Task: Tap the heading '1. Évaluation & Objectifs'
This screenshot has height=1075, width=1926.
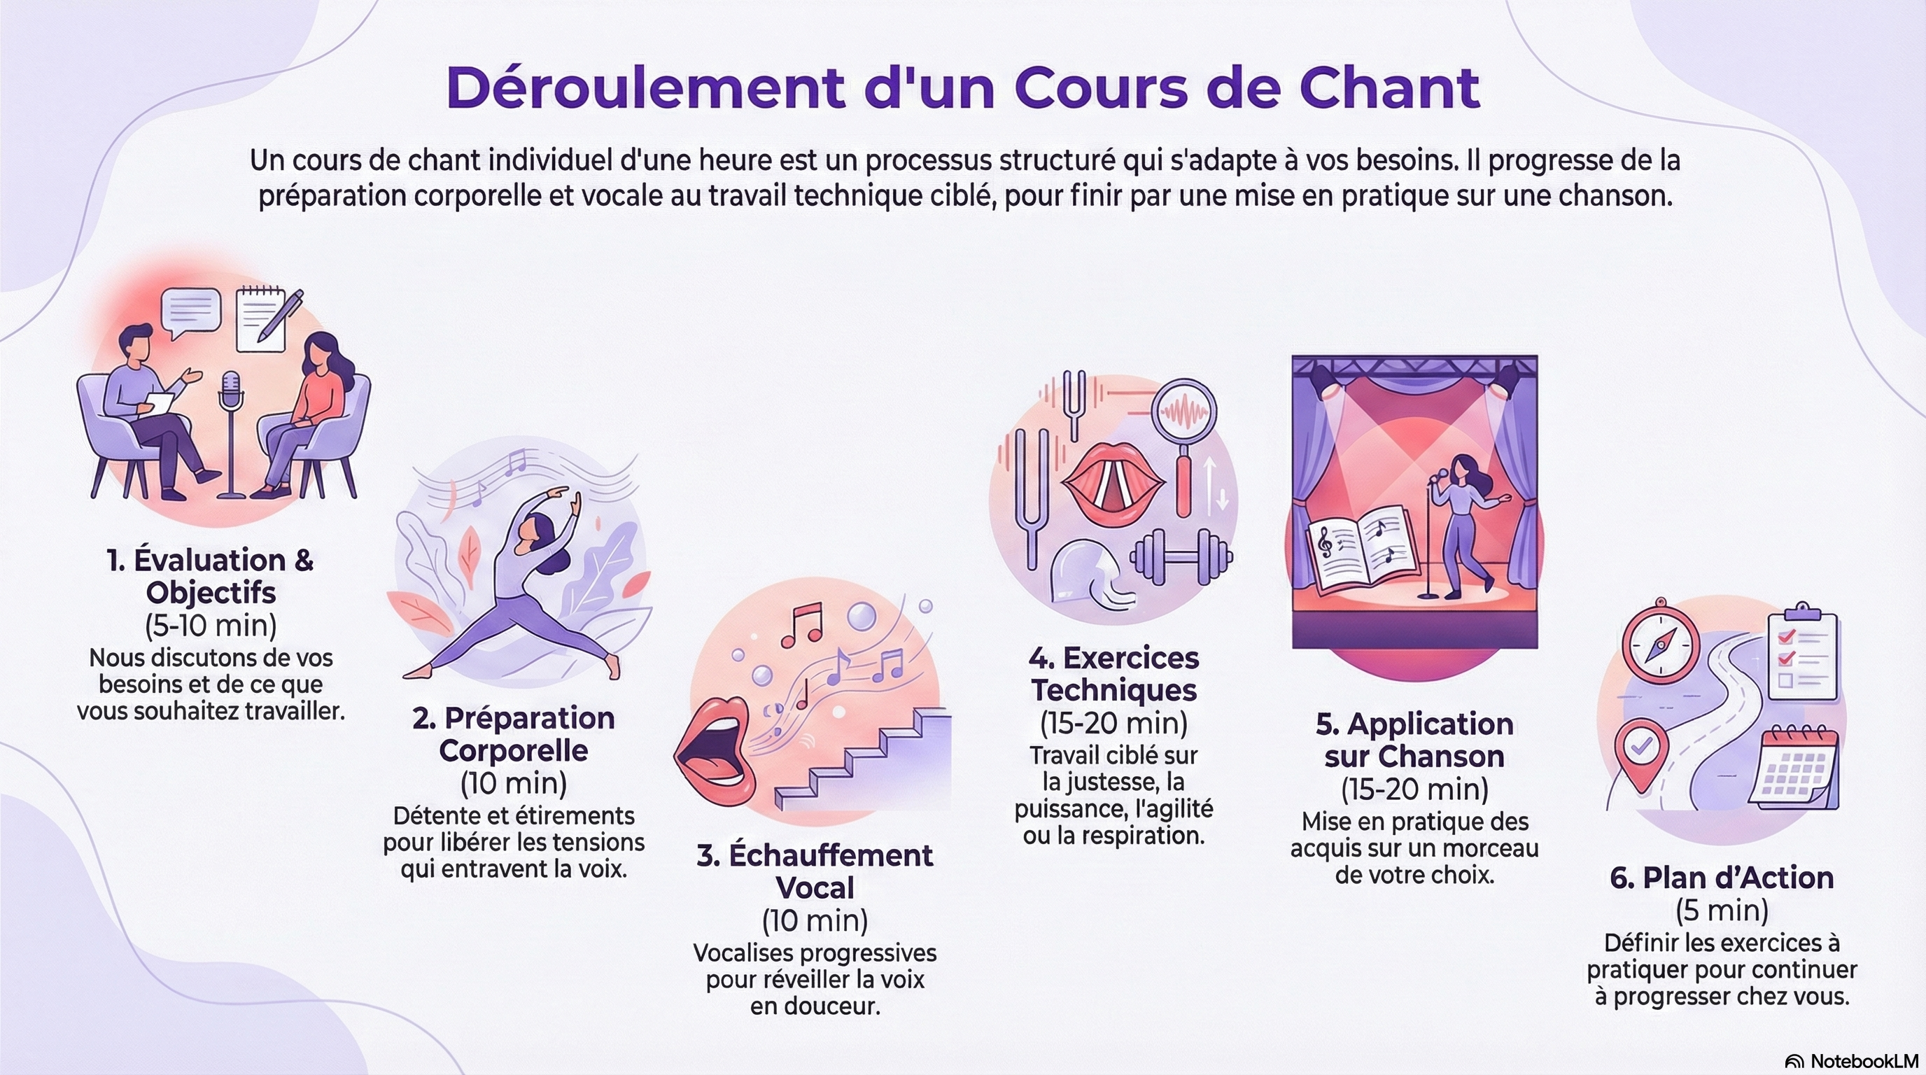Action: pos(210,575)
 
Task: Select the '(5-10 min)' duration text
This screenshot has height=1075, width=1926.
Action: pos(210,625)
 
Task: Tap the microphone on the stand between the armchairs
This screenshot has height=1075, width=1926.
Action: pos(232,391)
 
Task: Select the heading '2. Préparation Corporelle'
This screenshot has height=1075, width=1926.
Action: pos(514,734)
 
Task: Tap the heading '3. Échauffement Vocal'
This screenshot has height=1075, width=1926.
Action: pos(815,871)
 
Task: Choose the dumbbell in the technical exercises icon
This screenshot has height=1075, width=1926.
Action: pos(1181,556)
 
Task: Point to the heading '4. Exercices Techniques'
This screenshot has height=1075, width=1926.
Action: pos(1113,673)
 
